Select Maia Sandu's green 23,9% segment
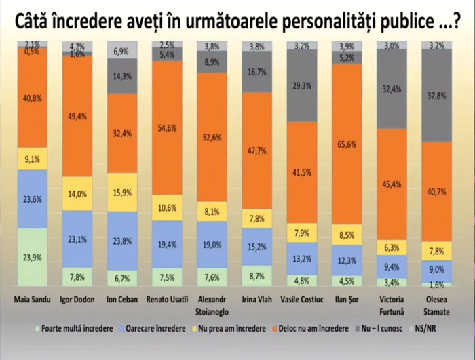(x=32, y=258)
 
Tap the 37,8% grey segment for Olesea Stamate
(x=438, y=95)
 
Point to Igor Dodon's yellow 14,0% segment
(x=77, y=193)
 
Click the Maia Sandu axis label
(x=32, y=299)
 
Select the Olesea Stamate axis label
(x=438, y=303)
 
